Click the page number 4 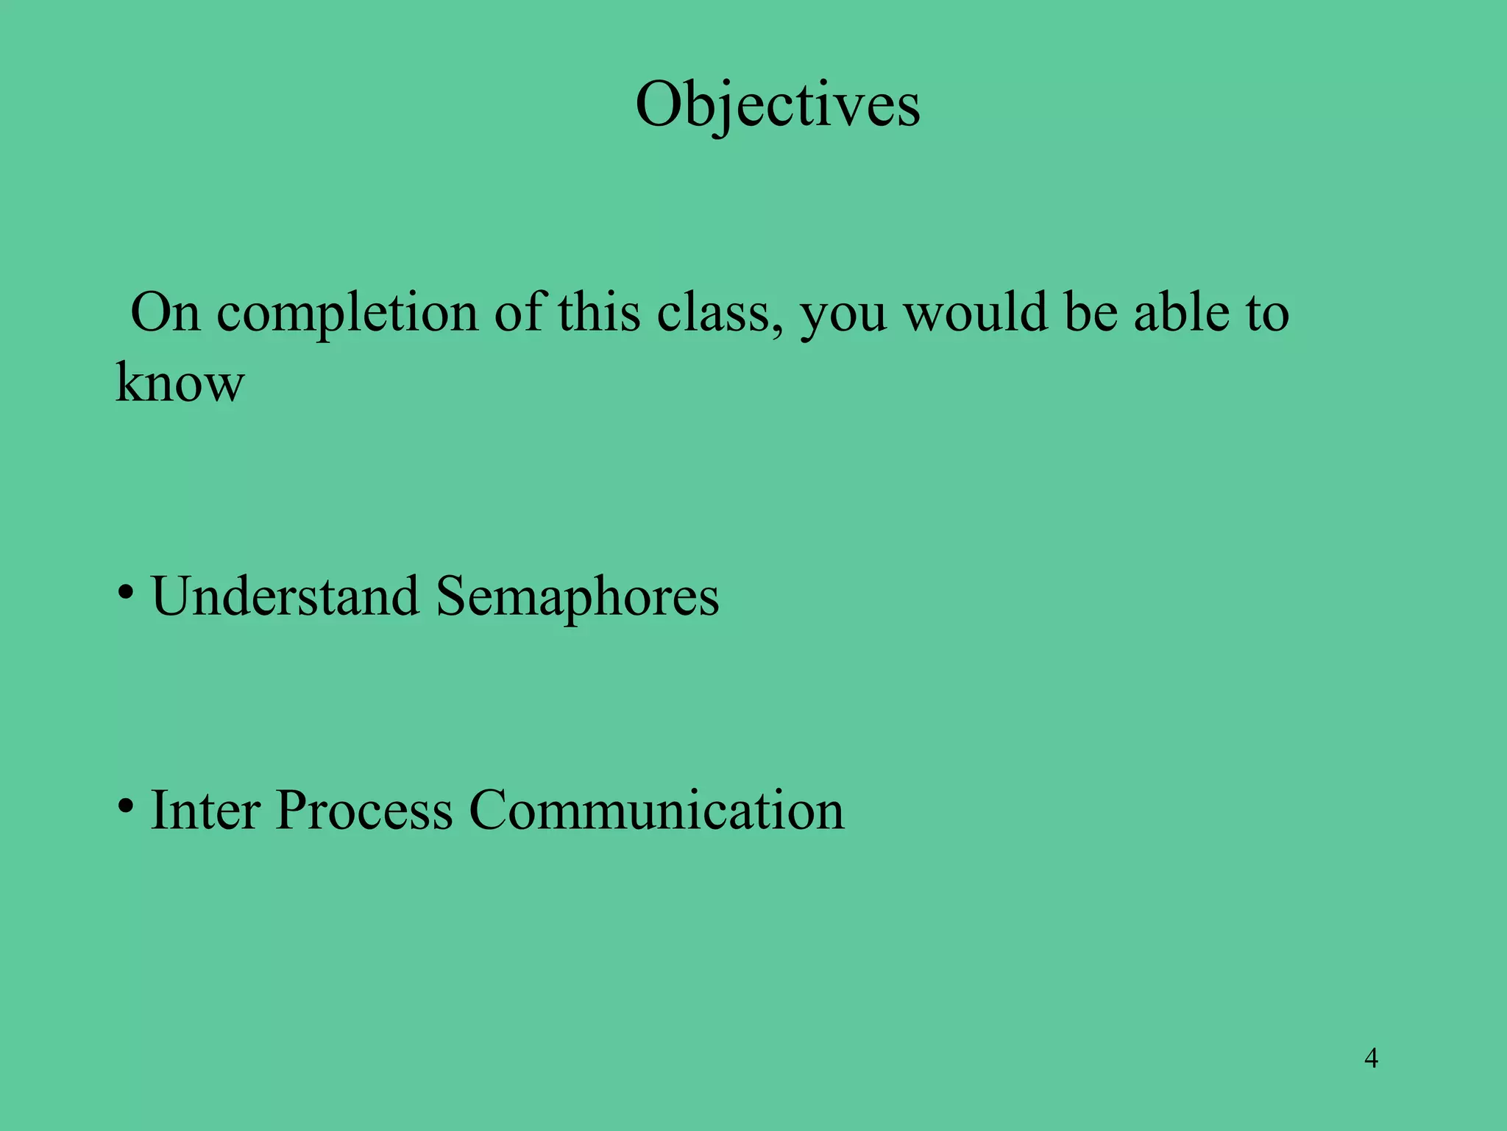[1371, 1058]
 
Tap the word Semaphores [577, 596]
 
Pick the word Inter [205, 810]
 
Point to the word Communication [656, 810]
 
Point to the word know [180, 383]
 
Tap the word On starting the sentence [166, 313]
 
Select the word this [598, 312]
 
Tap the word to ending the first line [1266, 313]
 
